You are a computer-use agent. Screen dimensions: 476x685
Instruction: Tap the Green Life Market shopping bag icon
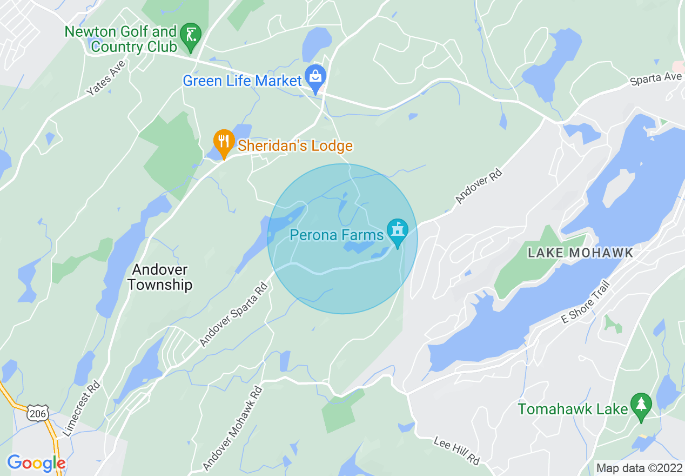[315, 77]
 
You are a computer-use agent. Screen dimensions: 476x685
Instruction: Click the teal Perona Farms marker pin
[398, 232]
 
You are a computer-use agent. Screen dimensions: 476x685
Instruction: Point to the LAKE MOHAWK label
[580, 253]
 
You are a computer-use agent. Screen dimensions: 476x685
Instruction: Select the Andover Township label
[160, 277]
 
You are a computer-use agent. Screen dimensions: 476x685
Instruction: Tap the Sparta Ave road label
[656, 79]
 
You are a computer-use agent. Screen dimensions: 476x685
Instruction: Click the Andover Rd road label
[479, 187]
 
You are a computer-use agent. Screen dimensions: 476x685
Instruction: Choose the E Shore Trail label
[586, 302]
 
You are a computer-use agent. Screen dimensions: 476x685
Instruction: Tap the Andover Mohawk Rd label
[233, 428]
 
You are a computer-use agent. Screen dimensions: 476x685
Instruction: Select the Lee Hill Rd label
[456, 451]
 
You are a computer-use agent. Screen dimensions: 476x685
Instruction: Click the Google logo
[36, 463]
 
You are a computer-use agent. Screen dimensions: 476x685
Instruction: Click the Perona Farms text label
[337, 235]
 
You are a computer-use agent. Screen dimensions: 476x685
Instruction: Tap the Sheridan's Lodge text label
[295, 146]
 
